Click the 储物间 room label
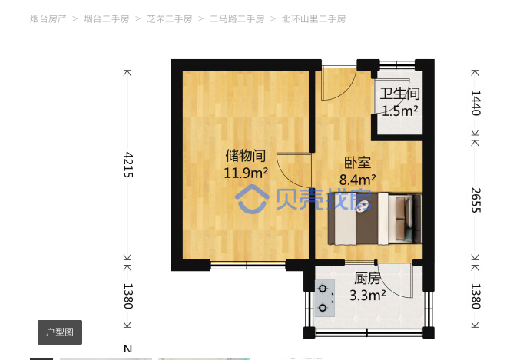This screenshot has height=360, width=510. tap(246, 156)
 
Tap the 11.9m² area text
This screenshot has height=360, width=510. tap(246, 173)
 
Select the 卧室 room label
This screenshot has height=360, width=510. tap(357, 163)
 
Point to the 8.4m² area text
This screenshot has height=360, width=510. tap(358, 180)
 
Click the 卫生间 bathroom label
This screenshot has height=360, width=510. tap(399, 94)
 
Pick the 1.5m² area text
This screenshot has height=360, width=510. tap(399, 111)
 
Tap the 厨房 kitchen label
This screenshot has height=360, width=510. tap(367, 279)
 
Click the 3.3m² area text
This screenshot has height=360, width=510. tap(368, 296)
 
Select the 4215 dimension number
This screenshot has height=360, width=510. tap(128, 165)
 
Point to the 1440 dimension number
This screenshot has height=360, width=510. tap(475, 103)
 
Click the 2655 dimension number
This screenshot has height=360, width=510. tap(475, 200)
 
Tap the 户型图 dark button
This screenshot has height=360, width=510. tap(60, 332)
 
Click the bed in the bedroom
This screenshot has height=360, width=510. tap(374, 219)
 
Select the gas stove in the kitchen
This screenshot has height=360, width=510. tap(325, 299)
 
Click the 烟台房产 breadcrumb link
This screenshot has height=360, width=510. tap(48, 19)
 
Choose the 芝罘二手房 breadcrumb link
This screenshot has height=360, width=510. tap(169, 19)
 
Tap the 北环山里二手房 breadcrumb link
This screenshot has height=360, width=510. tap(313, 19)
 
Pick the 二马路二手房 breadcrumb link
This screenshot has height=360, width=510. tap(237, 19)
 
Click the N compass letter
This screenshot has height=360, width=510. tap(127, 349)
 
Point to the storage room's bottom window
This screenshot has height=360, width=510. tap(248, 266)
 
